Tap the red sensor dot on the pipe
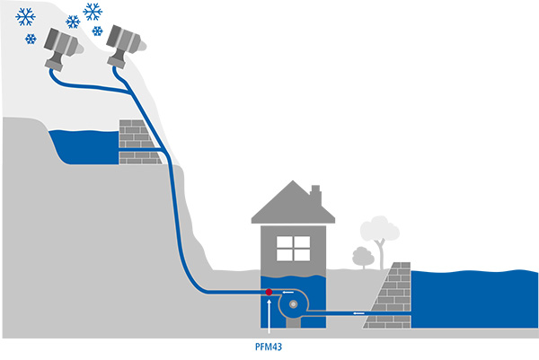coord(269,292)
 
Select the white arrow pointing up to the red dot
coord(269,315)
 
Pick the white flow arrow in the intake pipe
coord(358,312)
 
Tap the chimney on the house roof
coord(315,195)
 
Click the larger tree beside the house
coord(377,233)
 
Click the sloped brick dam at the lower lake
coord(393,296)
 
